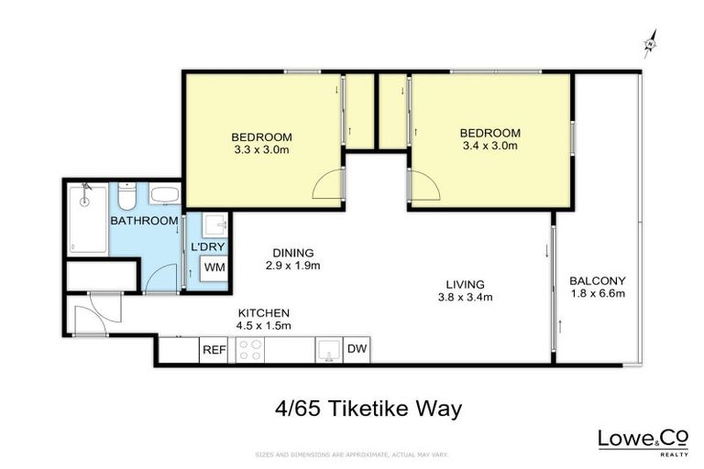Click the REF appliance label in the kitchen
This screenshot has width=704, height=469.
[x=214, y=350]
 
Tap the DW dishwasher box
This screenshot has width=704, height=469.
[x=357, y=350]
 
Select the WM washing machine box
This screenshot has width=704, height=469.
[x=214, y=267]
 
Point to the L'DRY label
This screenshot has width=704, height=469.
[x=207, y=246]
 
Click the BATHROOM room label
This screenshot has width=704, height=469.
[x=144, y=221]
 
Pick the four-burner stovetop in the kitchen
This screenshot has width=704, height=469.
[x=250, y=350]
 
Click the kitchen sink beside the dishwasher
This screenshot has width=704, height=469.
[x=328, y=350]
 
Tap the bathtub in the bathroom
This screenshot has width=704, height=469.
[x=88, y=218]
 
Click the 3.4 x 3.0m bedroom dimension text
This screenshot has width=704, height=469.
[x=489, y=146]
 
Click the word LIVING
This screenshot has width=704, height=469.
[x=465, y=283]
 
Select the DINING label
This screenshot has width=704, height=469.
[x=293, y=253]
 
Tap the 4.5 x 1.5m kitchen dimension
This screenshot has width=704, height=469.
[x=263, y=325]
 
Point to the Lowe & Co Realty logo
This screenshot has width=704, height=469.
[x=643, y=441]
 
